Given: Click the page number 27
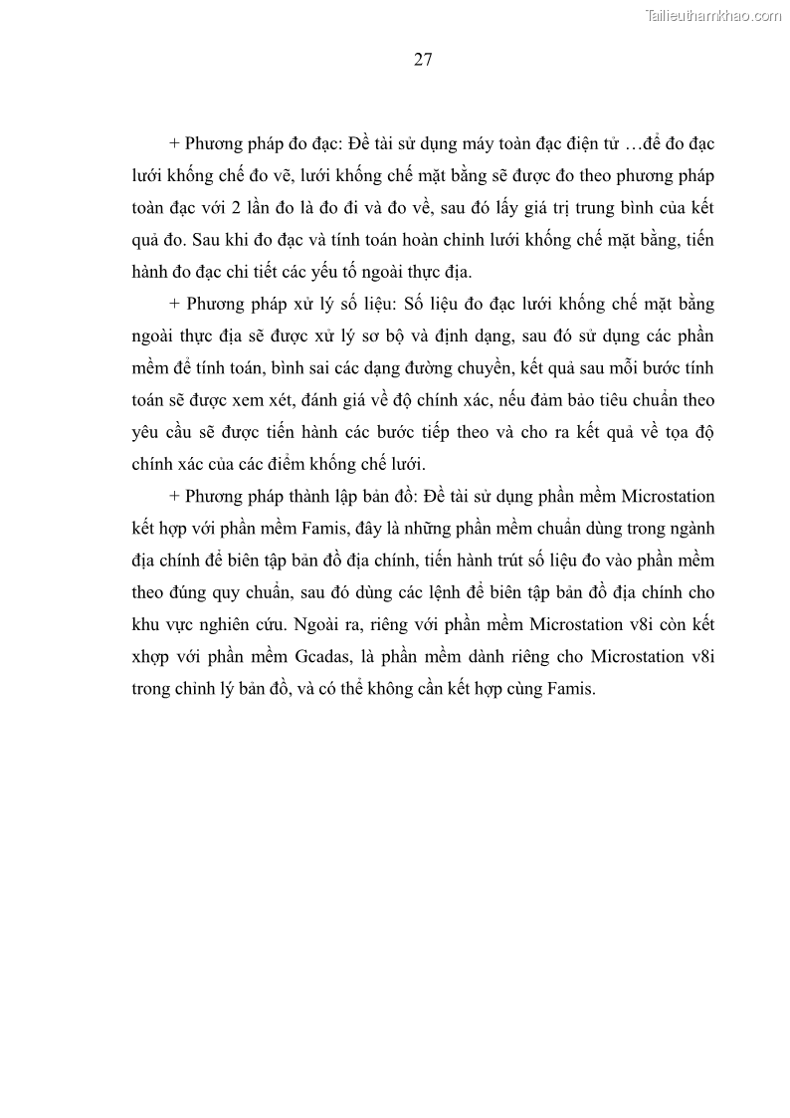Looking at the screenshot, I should point(422,60).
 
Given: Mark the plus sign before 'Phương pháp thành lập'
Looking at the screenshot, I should point(175,495).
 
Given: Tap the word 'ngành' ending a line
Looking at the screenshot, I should point(692,528).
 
